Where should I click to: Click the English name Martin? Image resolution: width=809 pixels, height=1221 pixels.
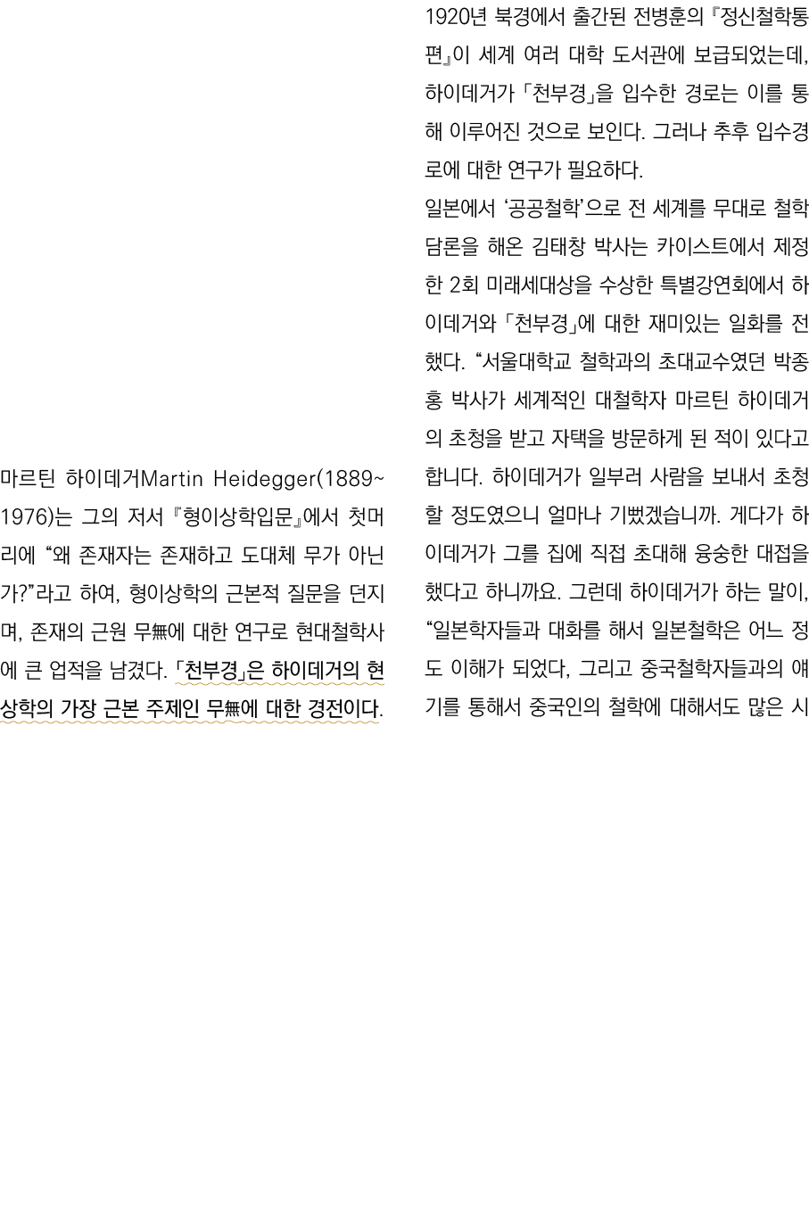coord(173,480)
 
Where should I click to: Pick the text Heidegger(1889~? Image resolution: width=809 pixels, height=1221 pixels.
coord(300,480)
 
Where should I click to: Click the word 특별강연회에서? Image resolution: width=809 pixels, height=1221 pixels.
coord(696,285)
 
